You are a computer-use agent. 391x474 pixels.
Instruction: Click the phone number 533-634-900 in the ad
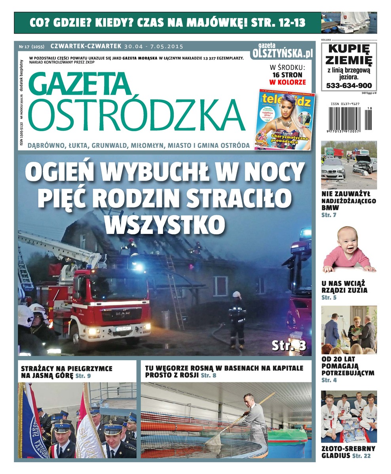tap(349, 86)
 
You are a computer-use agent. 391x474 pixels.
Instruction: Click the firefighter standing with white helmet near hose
tap(237, 318)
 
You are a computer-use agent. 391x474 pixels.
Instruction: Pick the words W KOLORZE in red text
tap(287, 82)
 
